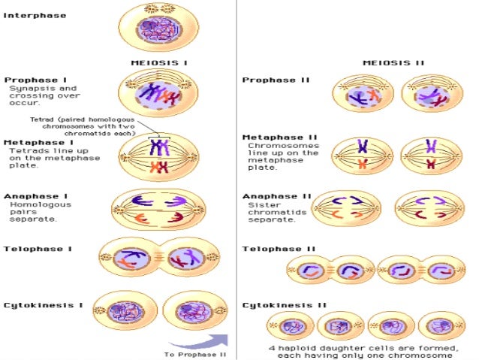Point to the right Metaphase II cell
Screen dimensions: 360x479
click(430, 154)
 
